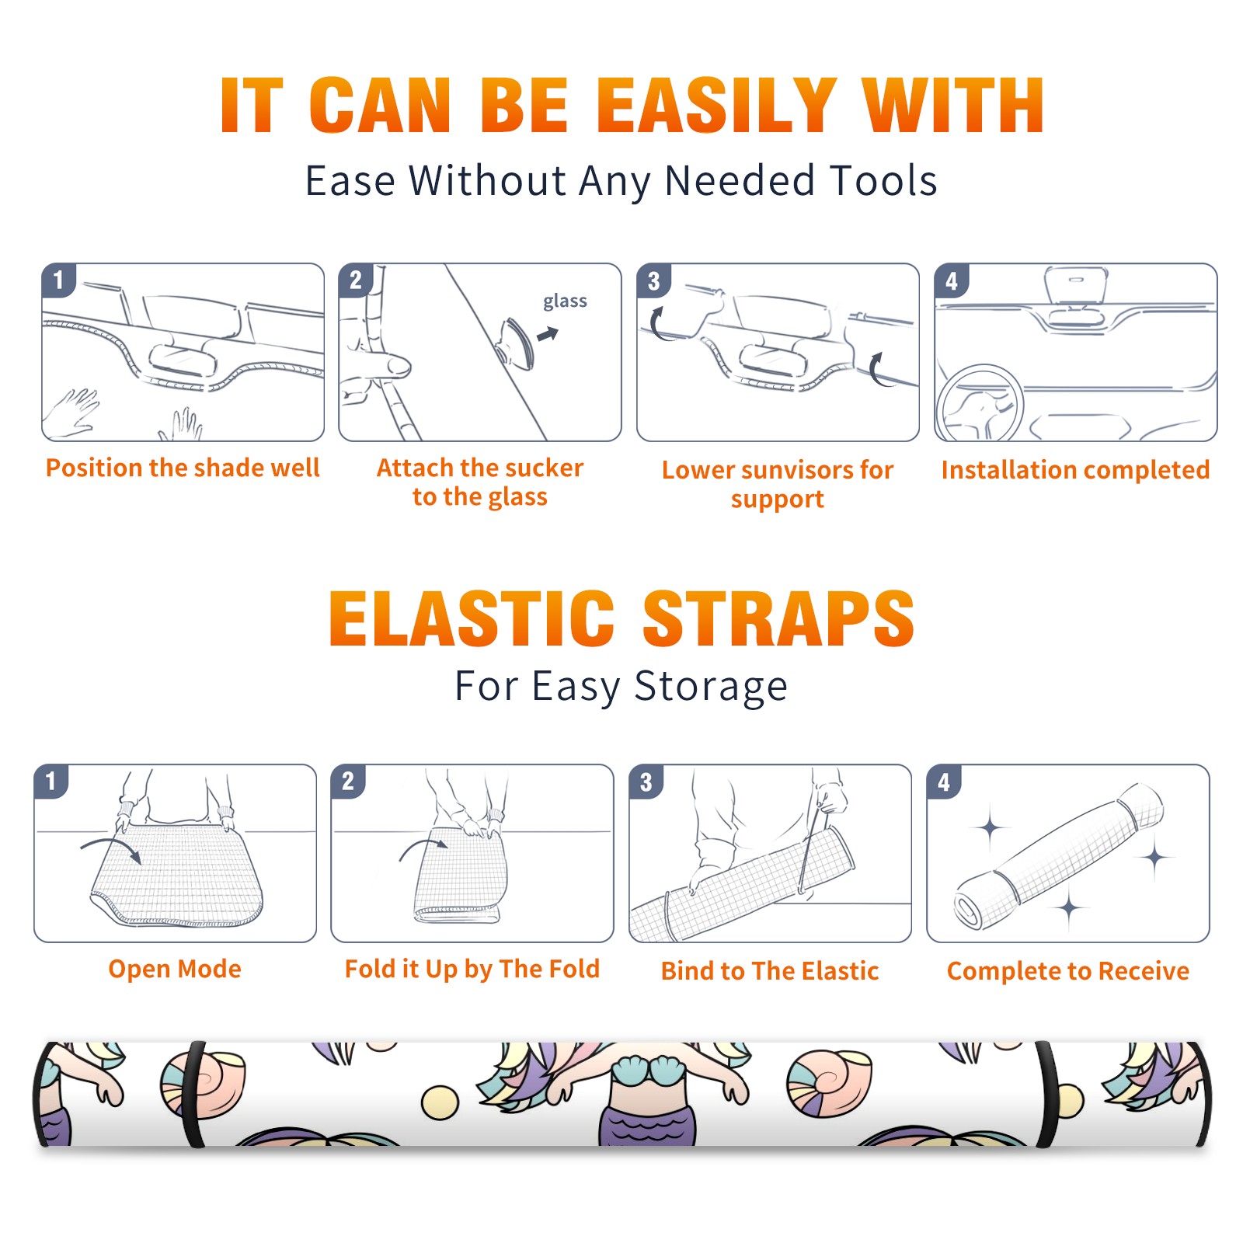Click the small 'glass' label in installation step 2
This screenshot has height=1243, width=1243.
(x=565, y=301)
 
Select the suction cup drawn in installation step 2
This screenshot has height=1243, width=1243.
(x=517, y=343)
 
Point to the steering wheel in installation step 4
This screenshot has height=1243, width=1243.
(x=980, y=402)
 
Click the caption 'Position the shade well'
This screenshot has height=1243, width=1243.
(x=183, y=468)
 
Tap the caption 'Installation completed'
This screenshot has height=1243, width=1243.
(x=1075, y=469)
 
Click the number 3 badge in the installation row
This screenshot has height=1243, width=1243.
(x=653, y=280)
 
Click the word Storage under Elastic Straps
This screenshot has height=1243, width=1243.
(x=710, y=686)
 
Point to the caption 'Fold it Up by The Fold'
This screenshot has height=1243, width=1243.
(x=472, y=969)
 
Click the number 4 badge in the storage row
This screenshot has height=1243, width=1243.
(x=944, y=782)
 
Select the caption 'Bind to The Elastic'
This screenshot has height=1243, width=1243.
(x=770, y=970)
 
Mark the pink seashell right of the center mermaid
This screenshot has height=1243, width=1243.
(x=828, y=1082)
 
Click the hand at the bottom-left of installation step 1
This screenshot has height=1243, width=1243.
(x=71, y=413)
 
